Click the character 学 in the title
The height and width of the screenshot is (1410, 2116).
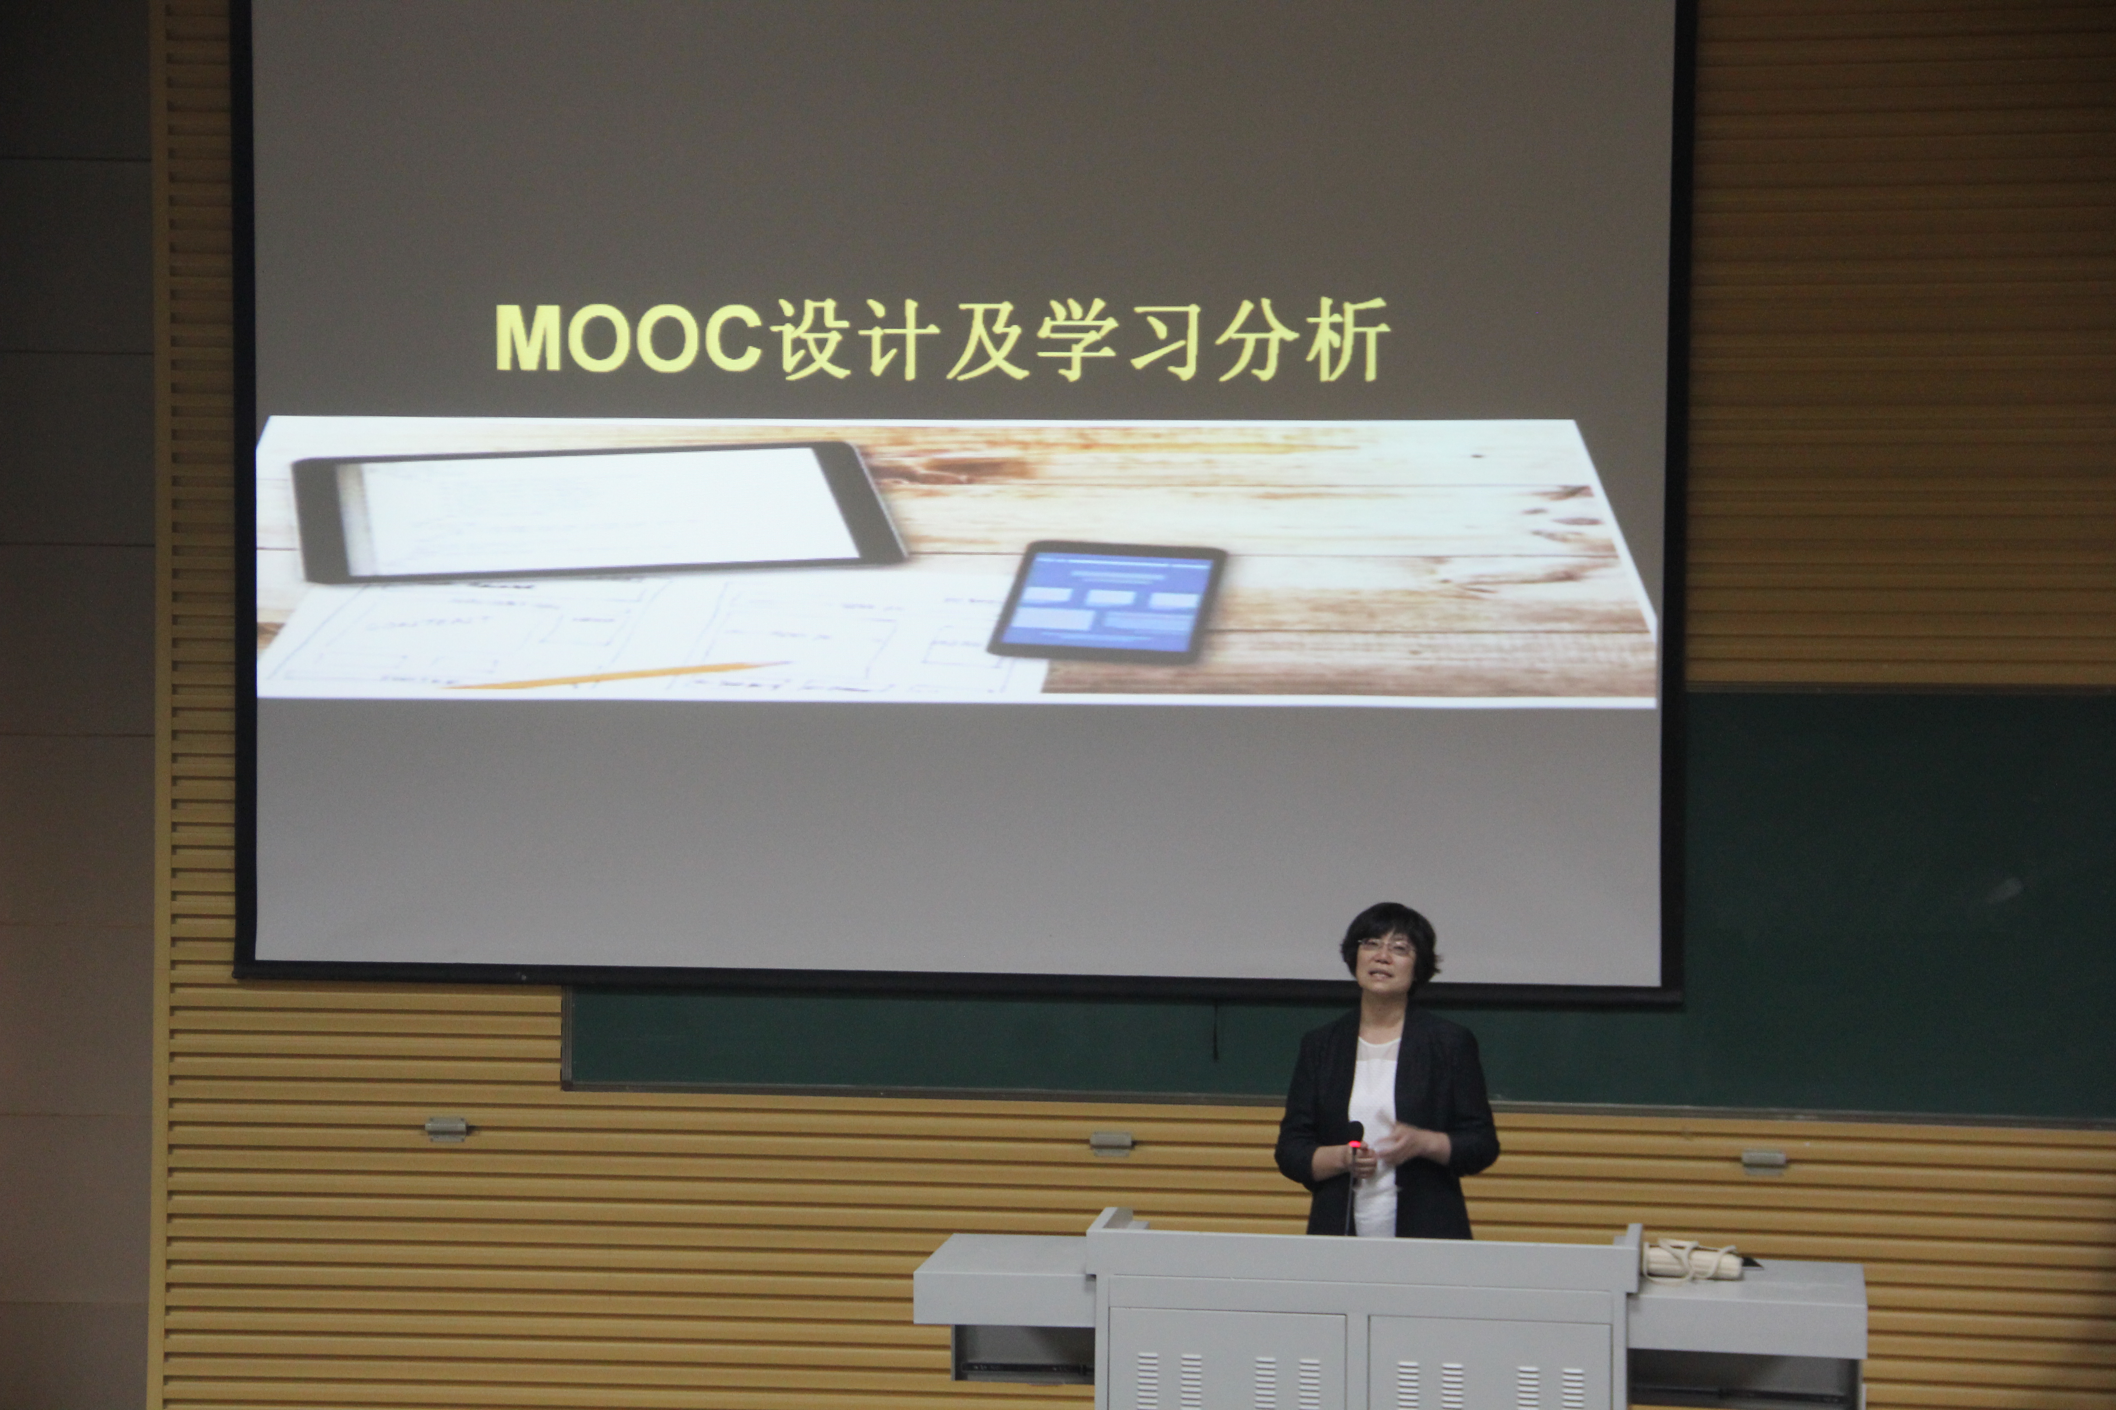(1078, 339)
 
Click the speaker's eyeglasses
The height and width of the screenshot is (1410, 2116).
(1385, 946)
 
